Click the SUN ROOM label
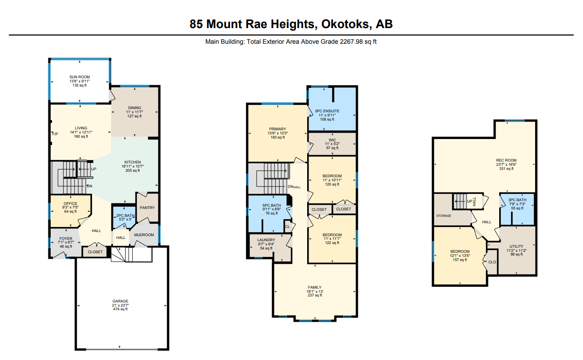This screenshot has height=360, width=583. pyautogui.click(x=80, y=77)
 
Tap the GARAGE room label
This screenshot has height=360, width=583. pyautogui.click(x=120, y=301)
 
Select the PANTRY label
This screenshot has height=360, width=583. pyautogui.click(x=147, y=208)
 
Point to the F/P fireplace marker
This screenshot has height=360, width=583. pyautogui.click(x=55, y=134)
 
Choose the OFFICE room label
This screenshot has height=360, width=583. pyautogui.click(x=70, y=203)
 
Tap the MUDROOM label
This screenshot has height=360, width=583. pyautogui.click(x=144, y=235)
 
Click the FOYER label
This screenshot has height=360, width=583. pyautogui.click(x=65, y=238)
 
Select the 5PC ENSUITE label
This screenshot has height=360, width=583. pyautogui.click(x=327, y=111)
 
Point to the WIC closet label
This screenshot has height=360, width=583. pyautogui.click(x=332, y=140)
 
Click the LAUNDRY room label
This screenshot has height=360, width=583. pyautogui.click(x=266, y=240)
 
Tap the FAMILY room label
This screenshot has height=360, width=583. pyautogui.click(x=315, y=287)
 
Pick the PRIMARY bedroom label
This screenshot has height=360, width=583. pyautogui.click(x=277, y=129)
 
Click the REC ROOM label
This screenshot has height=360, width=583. pyautogui.click(x=506, y=160)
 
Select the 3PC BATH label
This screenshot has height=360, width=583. pyautogui.click(x=517, y=200)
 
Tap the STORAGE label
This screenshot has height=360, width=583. pyautogui.click(x=444, y=215)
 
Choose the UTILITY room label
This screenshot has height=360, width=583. pyautogui.click(x=516, y=246)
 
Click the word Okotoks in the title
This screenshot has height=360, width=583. pyautogui.click(x=345, y=24)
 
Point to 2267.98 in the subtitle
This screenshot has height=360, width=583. pyautogui.click(x=351, y=41)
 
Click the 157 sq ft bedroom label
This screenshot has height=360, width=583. pyautogui.click(x=460, y=260)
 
